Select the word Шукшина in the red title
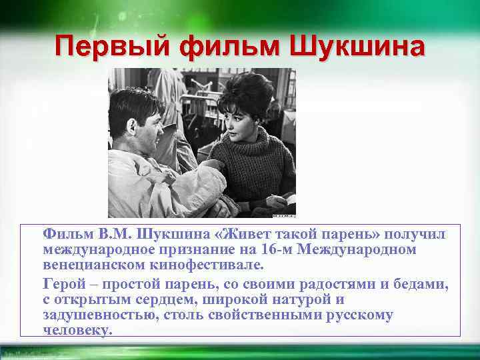[x=356, y=47]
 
